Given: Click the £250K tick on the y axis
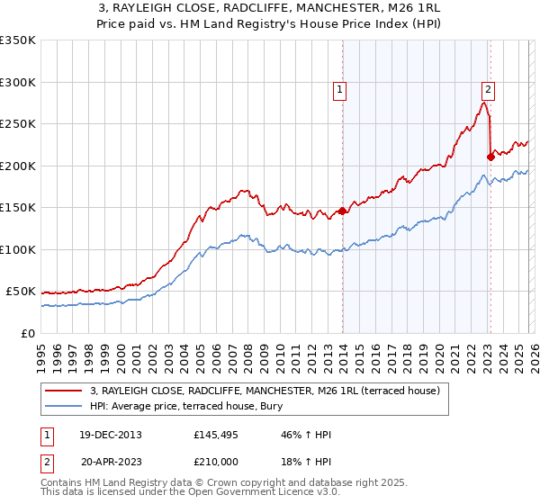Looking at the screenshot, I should [18, 124].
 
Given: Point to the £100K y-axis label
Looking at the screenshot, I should [18, 249].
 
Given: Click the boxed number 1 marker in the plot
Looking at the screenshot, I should [340, 89].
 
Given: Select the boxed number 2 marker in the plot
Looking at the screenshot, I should [487, 89].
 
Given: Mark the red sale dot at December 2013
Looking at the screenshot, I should [343, 211].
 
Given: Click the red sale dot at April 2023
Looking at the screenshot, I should [490, 157].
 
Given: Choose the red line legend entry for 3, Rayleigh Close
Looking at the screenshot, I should [264, 391].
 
